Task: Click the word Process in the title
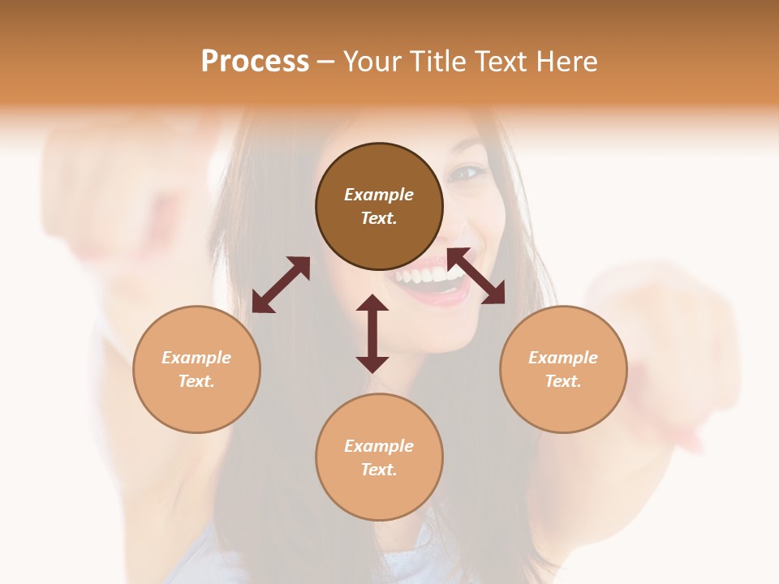click(x=255, y=62)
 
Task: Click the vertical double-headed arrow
click(x=372, y=333)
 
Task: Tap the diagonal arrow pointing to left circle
click(x=281, y=285)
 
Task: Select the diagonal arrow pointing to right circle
click(x=476, y=276)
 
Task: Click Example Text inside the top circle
click(x=379, y=206)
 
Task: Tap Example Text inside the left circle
click(x=196, y=369)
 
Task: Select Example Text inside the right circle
click(x=563, y=369)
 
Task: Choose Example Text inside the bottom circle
click(x=379, y=457)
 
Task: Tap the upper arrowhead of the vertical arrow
click(x=372, y=303)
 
